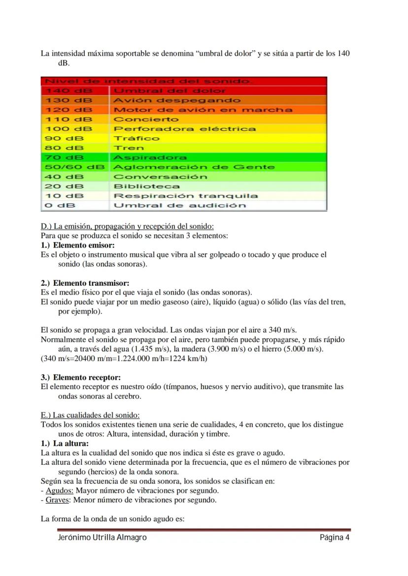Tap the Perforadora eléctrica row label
185,129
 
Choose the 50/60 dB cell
74,167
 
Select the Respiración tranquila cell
186,196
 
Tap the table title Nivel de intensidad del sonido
148,81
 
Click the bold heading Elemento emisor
84,245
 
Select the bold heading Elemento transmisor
91,283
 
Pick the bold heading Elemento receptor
87,377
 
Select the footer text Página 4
335,538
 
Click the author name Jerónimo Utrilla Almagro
102,538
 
